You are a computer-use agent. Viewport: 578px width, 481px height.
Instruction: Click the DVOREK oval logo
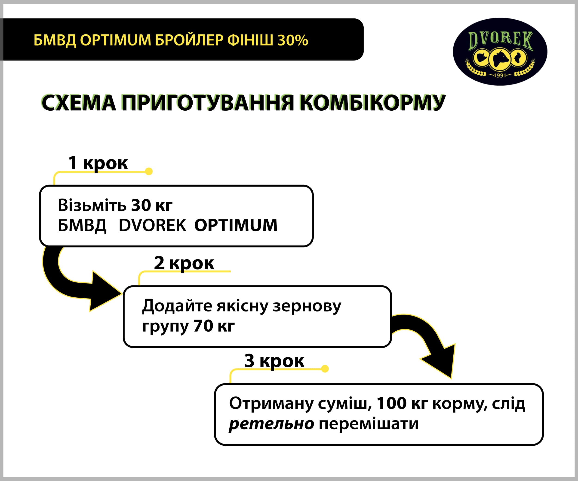click(x=500, y=51)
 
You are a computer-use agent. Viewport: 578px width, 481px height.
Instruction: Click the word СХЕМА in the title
click(x=79, y=103)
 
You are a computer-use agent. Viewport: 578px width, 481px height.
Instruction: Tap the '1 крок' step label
click(x=98, y=163)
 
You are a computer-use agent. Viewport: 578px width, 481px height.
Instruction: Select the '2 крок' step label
click(x=184, y=263)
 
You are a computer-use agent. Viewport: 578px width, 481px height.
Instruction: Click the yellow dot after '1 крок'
click(x=149, y=171)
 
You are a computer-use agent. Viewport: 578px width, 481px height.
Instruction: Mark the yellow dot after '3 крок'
click(x=325, y=369)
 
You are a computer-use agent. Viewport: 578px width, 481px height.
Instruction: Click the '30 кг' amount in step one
click(x=152, y=205)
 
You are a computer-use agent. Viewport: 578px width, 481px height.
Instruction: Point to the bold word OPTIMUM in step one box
click(x=236, y=225)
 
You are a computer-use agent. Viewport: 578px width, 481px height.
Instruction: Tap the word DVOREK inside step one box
click(x=153, y=225)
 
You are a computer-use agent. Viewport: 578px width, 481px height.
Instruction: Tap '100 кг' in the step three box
click(x=402, y=403)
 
